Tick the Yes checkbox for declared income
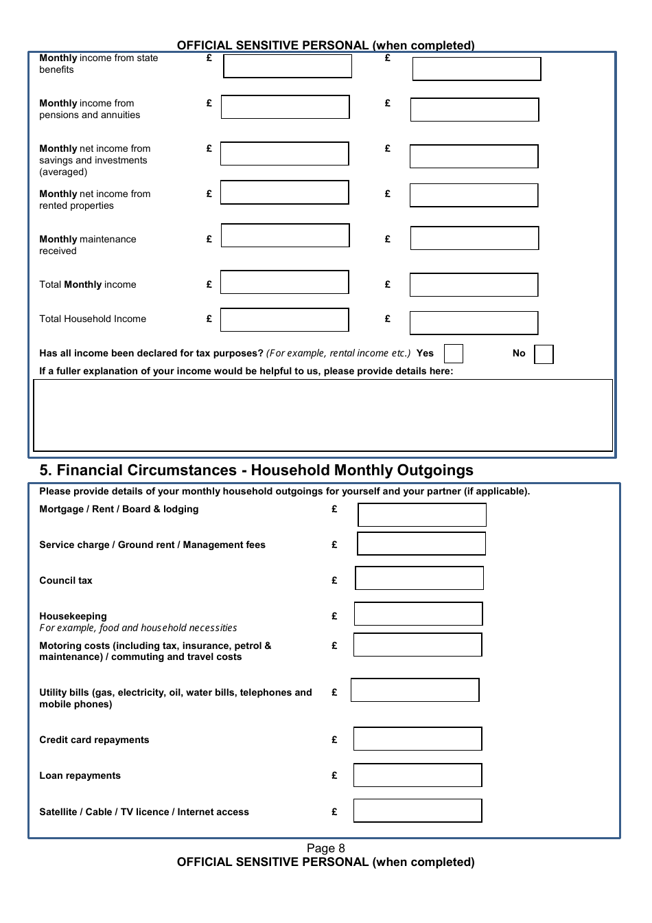[453, 354]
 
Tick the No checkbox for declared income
[544, 354]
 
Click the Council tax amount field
[419, 578]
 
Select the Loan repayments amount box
[417, 775]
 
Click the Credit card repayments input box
[417, 739]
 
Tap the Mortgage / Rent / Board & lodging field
[421, 515]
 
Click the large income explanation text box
[323, 415]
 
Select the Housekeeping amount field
[418, 614]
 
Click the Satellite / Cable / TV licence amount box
[417, 811]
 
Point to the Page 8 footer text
[325, 848]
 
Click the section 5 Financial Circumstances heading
[256, 470]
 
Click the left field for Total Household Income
[284, 320]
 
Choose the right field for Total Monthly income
[474, 285]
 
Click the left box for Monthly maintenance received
[285, 236]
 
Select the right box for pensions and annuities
[474, 110]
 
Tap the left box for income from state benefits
[287, 67]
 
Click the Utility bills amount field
[415, 690]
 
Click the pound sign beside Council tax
[334, 580]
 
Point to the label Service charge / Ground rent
[152, 545]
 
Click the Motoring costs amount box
[417, 645]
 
